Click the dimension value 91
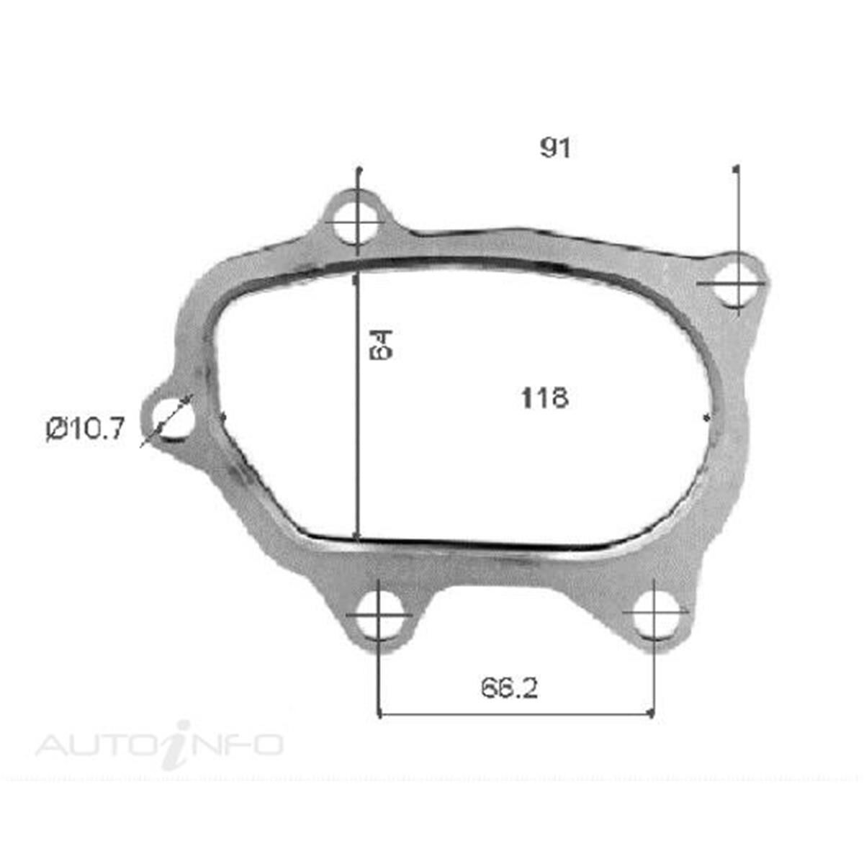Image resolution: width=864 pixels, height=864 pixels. click(555, 148)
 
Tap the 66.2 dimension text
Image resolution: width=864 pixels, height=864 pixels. click(509, 689)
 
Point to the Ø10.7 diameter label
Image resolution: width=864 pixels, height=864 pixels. click(86, 430)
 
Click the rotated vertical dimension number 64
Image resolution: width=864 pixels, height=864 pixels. click(381, 345)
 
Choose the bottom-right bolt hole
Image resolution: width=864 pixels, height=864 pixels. click(654, 615)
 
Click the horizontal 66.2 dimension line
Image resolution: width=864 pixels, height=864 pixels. click(516, 716)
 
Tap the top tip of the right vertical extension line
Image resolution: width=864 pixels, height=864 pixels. click(735, 168)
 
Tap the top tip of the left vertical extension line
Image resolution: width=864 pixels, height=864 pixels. click(358, 169)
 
